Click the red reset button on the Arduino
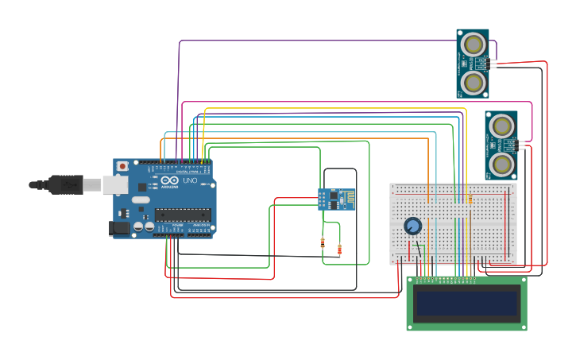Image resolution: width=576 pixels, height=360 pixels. point(122,166)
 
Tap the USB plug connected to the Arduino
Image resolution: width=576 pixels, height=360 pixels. point(67,184)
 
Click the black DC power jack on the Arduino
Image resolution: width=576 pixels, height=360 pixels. point(118,228)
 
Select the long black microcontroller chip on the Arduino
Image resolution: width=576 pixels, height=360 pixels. point(183,215)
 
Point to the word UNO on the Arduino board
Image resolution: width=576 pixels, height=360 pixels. point(191,181)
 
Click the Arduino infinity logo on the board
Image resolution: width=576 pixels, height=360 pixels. point(169,180)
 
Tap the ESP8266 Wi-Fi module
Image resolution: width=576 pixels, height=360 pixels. point(336,199)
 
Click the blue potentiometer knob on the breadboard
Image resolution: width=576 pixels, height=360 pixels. point(412,226)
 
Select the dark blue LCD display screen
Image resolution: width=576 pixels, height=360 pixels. point(466,303)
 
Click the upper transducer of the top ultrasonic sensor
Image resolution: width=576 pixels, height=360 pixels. point(474,45)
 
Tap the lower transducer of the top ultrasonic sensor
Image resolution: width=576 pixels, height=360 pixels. point(474,82)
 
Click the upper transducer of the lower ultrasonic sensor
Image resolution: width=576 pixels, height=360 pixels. point(501,126)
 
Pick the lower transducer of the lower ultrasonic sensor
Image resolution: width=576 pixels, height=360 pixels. point(501,164)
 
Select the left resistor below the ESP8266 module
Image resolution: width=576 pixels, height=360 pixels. point(323,243)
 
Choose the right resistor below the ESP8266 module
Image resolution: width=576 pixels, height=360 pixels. point(340,250)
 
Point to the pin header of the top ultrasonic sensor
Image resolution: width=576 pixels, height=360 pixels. point(493,63)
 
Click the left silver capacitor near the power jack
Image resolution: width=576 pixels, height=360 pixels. point(138,226)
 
